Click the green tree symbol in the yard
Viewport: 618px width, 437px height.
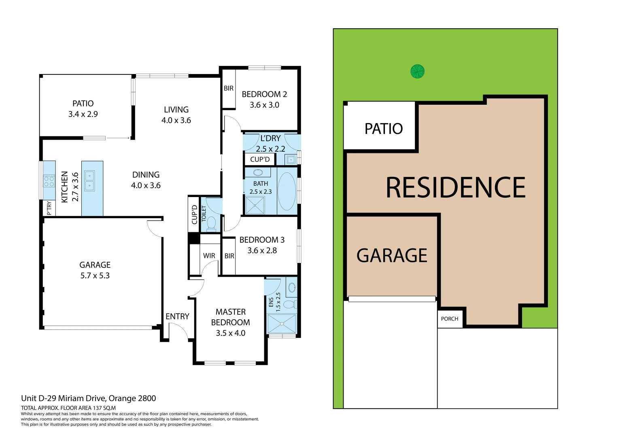point(417,72)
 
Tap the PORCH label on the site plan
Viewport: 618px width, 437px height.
point(449,319)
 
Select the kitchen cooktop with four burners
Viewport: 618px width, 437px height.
point(49,180)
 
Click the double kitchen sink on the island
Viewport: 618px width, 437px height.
point(89,181)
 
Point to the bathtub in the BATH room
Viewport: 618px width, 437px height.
point(287,191)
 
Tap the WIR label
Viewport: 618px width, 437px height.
point(209,256)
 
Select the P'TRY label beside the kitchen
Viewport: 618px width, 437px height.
point(49,208)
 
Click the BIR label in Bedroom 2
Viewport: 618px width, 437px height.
point(228,88)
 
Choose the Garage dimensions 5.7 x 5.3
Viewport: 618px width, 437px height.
point(95,276)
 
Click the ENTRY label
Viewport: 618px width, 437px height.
point(177,316)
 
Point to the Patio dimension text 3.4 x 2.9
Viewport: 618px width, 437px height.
point(83,114)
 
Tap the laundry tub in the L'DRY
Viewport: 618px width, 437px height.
point(291,159)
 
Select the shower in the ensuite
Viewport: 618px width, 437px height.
point(282,324)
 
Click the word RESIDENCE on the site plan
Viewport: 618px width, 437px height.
point(455,188)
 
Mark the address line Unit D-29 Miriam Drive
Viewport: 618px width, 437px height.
point(88,398)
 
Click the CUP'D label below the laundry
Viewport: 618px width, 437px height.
point(260,159)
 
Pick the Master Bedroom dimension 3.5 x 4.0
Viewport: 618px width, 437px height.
point(230,333)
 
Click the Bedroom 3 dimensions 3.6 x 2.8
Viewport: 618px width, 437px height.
point(262,250)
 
